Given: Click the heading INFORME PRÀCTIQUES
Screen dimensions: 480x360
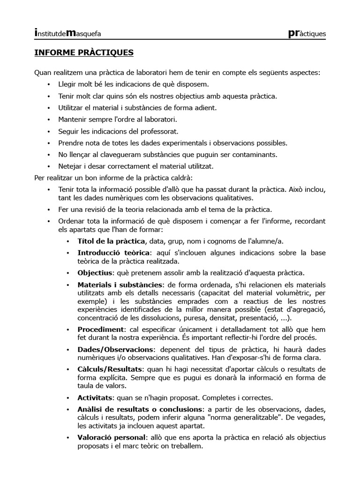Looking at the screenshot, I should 84,52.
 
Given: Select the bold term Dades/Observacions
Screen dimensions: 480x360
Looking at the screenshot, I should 115,350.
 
